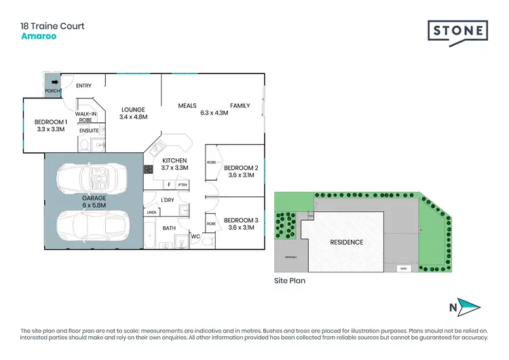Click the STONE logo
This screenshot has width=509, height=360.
[457, 31]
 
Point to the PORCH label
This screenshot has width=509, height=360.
[53, 90]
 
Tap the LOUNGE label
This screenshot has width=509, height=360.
[133, 109]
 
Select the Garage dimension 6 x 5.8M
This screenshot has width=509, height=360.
[94, 205]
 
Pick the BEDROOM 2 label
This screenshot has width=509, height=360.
[242, 168]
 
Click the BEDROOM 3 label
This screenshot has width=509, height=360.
[242, 219]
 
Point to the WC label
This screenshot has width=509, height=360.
[195, 236]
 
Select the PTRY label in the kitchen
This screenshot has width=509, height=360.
[182, 184]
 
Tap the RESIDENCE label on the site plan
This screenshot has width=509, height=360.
[346, 242]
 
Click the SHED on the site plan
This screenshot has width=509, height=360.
[404, 268]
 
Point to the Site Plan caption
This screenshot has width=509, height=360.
[289, 281]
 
